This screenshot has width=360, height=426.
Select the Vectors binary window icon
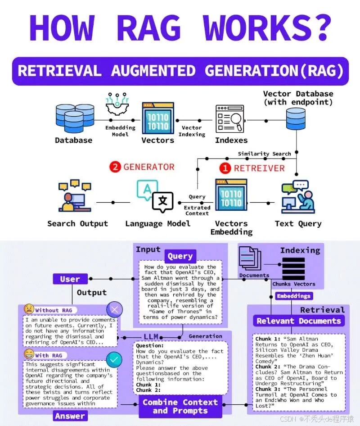(157, 118)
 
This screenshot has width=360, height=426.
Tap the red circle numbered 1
(225, 168)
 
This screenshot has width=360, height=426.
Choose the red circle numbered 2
(115, 167)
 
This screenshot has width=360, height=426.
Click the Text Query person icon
(297, 198)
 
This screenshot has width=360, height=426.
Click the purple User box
(70, 279)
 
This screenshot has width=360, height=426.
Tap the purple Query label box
(180, 256)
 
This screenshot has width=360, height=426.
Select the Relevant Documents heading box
(298, 321)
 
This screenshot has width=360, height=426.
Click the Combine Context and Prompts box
(180, 406)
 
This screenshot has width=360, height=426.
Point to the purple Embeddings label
(293, 296)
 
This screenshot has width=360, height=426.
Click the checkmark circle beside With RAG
(114, 359)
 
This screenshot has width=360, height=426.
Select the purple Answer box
(70, 416)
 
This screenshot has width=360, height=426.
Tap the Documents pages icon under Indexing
(250, 259)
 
